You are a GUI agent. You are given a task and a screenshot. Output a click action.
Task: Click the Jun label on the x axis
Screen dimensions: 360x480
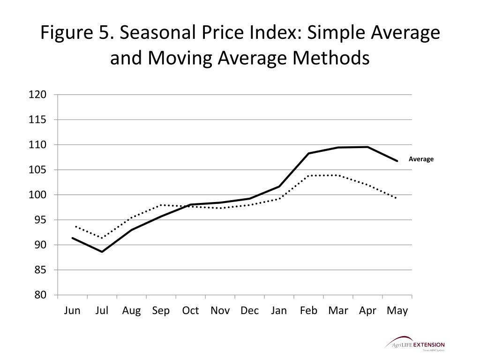pyautogui.click(x=72, y=310)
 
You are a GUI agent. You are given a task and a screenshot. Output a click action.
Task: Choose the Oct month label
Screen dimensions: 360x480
pyautogui.click(x=190, y=310)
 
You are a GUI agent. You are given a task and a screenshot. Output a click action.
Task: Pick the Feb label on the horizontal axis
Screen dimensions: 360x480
pyautogui.click(x=308, y=310)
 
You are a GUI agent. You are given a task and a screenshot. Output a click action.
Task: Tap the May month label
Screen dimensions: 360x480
pyautogui.click(x=397, y=310)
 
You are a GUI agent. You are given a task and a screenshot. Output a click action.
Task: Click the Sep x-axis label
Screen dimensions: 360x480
pyautogui.click(x=161, y=310)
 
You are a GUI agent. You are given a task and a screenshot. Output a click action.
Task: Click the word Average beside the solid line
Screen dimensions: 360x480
pyautogui.click(x=421, y=159)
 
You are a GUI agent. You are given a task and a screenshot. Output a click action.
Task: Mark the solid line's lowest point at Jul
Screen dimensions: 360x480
pyautogui.click(x=102, y=252)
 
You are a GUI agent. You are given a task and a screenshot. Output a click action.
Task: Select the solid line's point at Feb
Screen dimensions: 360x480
pyautogui.click(x=309, y=153)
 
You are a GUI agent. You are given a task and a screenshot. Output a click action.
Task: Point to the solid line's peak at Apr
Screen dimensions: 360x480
pyautogui.click(x=368, y=147)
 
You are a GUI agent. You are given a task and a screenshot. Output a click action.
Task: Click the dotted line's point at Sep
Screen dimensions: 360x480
pyautogui.click(x=161, y=205)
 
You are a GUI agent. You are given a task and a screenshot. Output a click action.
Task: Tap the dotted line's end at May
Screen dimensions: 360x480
pyautogui.click(x=397, y=198)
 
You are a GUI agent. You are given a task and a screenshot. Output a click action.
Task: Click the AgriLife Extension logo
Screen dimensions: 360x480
pyautogui.click(x=415, y=344)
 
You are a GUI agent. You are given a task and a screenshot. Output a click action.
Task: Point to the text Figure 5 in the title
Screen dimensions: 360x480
pyautogui.click(x=75, y=33)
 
